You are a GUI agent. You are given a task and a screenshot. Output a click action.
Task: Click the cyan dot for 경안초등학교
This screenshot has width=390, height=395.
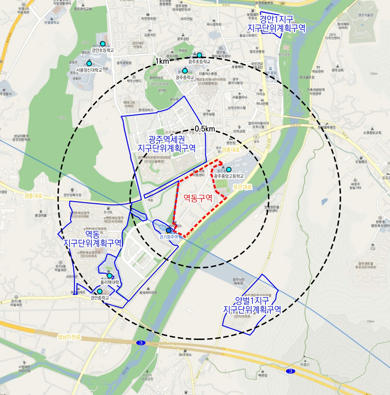tap(103, 44)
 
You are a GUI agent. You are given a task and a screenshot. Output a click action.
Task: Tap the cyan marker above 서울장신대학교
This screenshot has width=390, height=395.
tap(89, 63)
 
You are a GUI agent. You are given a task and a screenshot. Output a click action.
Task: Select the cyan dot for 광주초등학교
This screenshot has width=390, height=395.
tap(199, 55)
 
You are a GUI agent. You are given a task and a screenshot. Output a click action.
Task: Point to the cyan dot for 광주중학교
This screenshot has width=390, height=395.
tap(185, 71)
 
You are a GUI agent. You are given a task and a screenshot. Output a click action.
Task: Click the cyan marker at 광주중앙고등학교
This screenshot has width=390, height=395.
tap(229, 170)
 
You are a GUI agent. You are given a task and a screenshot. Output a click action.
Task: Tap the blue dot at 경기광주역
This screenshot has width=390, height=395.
tap(168, 230)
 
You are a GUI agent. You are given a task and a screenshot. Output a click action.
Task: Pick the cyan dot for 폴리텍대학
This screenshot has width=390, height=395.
tap(109, 276)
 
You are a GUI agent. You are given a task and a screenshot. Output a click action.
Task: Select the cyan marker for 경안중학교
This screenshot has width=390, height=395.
tap(100, 291)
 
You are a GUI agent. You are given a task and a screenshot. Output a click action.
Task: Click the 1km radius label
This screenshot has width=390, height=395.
tap(162, 61)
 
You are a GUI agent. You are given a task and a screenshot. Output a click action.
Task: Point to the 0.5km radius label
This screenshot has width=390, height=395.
tap(205, 129)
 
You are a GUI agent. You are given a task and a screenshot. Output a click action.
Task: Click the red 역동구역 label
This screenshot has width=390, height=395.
tap(198, 198)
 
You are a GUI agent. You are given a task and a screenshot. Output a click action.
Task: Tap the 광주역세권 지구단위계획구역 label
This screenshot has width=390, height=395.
tap(167, 144)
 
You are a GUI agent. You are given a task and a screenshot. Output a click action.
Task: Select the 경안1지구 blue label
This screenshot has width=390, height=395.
tap(276, 23)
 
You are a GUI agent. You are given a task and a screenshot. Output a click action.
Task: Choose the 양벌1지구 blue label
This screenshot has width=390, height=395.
tap(252, 305)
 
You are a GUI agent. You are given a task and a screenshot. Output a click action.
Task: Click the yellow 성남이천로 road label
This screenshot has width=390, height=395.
tap(69, 337)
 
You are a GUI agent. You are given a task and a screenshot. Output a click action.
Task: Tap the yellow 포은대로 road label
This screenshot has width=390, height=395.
tap(242, 187)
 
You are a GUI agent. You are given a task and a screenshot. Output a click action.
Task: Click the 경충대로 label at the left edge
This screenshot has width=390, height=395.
tap(33, 196)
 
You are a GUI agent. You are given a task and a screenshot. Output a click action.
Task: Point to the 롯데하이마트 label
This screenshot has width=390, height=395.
tap(148, 293)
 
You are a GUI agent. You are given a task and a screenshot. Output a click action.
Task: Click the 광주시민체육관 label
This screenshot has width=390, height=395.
tap(238, 281)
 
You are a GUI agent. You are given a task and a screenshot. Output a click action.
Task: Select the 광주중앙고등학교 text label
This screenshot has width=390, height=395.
tap(229, 176)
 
